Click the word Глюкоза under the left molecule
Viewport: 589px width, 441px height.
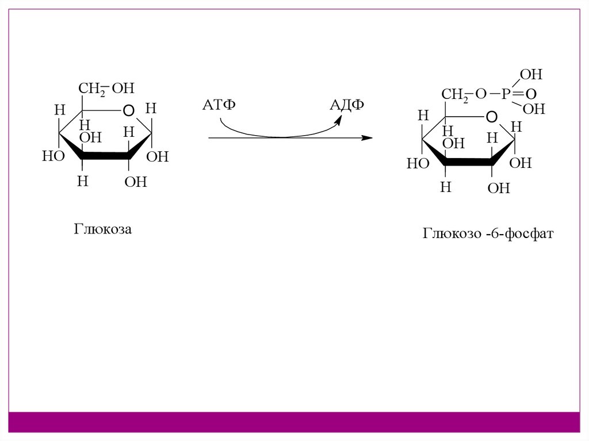[102, 229]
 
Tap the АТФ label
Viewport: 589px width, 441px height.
[220, 106]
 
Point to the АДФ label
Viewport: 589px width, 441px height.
[346, 106]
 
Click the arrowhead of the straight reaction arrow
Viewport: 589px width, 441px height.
[366, 138]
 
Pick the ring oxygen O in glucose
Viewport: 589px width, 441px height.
[129, 109]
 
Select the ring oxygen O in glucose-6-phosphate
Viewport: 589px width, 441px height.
[491, 117]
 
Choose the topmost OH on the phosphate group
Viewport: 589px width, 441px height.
[530, 75]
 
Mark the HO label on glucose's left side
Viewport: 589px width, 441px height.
[52, 156]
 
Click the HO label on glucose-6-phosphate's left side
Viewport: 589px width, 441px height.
[418, 164]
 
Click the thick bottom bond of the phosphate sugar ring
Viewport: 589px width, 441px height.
[468, 163]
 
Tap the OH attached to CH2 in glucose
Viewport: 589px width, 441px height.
[123, 89]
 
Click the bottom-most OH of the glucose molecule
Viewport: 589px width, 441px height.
[136, 182]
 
